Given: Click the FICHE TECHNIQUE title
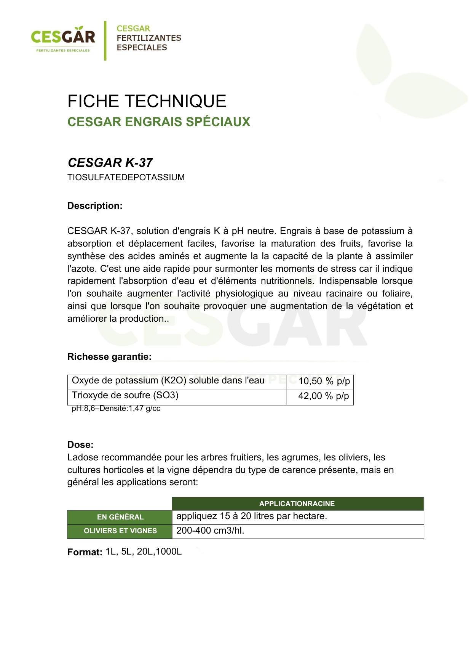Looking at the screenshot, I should [147, 101].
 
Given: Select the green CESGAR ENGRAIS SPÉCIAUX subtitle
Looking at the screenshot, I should [159, 122].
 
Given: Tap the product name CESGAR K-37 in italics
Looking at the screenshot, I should [110, 163].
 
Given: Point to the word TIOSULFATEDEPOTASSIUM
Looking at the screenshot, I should [126, 178].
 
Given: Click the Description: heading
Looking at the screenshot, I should [95, 206].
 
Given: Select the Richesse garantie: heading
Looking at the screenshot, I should [109, 357].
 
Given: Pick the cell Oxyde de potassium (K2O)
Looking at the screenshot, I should [168, 381].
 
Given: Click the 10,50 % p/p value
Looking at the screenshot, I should [324, 381].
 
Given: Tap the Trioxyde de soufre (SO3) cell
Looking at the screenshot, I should [125, 395].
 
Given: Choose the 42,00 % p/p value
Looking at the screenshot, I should [324, 396].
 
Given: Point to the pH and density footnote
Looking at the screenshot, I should [116, 409].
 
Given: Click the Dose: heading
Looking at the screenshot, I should [80, 445].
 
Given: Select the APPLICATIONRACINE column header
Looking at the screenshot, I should [297, 504].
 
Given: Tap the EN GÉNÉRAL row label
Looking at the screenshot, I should [120, 517].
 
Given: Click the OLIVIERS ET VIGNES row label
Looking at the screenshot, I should [120, 531].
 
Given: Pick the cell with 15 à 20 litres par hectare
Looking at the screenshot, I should [252, 516].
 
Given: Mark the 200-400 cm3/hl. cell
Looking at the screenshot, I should [210, 531].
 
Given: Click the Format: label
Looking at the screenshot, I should [85, 552].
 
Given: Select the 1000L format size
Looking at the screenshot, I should [169, 552].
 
